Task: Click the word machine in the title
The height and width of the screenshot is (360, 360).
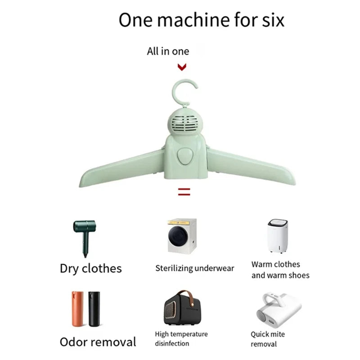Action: (193, 20)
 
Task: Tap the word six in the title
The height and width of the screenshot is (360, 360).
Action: (273, 20)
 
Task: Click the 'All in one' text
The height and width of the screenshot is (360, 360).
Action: (168, 51)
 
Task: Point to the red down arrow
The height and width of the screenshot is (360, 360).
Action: (182, 67)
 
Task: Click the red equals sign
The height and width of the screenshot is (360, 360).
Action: (184, 192)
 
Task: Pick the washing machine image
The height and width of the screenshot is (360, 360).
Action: (182, 236)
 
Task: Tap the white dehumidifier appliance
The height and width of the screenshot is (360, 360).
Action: (277, 236)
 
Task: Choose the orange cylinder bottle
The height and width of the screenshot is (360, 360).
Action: (77, 309)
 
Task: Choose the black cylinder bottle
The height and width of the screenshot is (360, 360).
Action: (94, 309)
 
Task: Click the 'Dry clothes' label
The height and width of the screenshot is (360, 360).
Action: (91, 268)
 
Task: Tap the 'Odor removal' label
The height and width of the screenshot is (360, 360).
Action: (98, 342)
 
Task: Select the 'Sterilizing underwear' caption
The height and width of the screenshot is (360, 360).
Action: (195, 268)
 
